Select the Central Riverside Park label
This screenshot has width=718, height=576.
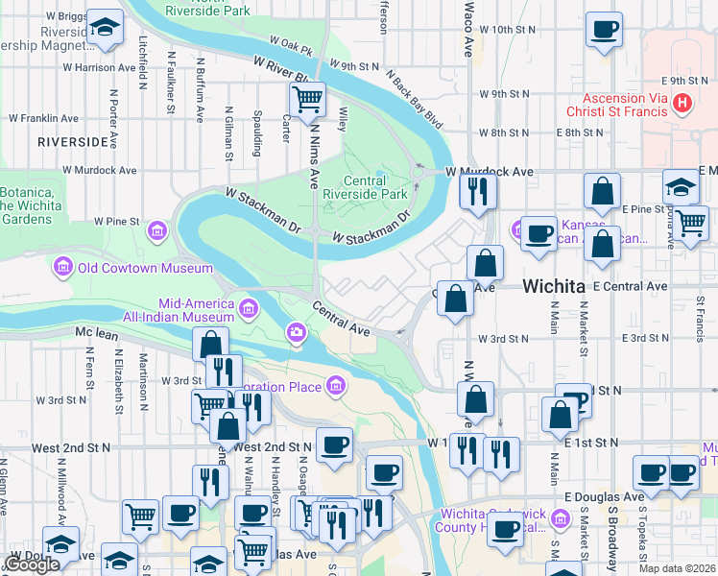364,187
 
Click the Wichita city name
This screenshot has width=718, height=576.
554,286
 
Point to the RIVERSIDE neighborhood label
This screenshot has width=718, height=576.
73,142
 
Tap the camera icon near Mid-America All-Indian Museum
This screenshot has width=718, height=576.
297,333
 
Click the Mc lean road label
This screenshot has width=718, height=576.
95,333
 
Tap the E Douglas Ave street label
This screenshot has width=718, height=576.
604,496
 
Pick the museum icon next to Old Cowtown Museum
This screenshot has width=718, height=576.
64,266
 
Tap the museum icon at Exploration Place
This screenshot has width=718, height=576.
336,387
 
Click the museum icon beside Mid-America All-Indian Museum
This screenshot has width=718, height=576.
250,308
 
